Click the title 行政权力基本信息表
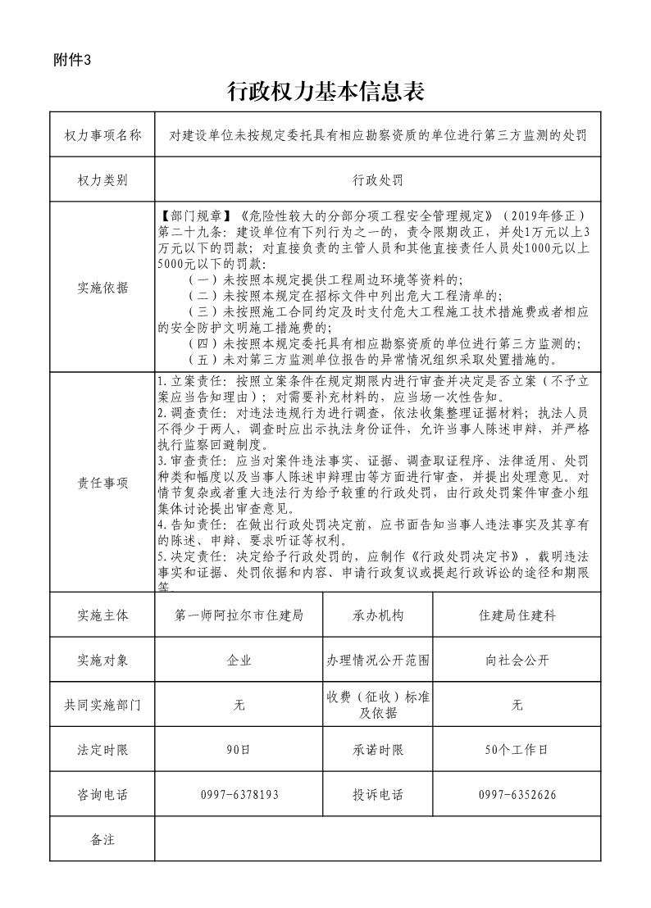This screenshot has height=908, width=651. click(x=325, y=92)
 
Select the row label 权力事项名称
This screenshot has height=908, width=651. click(x=102, y=134)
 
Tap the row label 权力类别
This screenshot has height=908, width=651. click(x=102, y=179)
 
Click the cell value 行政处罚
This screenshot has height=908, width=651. click(x=378, y=179)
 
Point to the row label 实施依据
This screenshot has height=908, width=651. click(x=102, y=287)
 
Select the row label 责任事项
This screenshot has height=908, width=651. click(x=102, y=483)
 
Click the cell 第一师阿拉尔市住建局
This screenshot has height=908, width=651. click(x=239, y=615)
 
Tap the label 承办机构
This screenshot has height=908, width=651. click(x=378, y=615)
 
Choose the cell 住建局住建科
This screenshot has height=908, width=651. click(x=517, y=615)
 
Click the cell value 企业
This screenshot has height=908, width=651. click(x=239, y=660)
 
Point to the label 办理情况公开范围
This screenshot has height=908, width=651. click(x=378, y=660)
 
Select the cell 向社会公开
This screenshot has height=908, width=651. click(x=517, y=660)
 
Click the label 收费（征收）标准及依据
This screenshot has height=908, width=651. click(x=378, y=705)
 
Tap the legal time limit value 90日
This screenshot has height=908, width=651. click(x=239, y=749)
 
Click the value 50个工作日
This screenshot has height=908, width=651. click(x=517, y=749)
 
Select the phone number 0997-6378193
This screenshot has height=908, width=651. click(x=239, y=794)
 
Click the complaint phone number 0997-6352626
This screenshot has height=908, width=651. click(x=517, y=794)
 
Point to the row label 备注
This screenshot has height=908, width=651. click(x=102, y=839)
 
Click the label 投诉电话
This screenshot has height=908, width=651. click(x=378, y=794)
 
